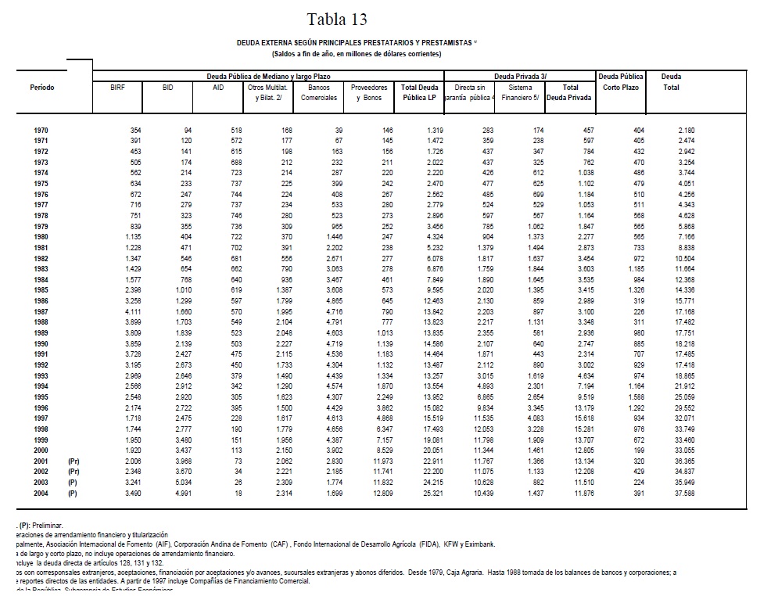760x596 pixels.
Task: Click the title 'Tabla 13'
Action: coord(337,20)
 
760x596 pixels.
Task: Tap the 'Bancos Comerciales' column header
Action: coord(319,92)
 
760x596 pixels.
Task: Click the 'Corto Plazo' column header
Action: coord(621,88)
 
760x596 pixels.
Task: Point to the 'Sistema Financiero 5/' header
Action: coord(520,92)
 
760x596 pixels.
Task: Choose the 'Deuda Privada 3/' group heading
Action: coord(520,77)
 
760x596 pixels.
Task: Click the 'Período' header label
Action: coord(42,88)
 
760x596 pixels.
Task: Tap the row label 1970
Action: coord(42,129)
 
